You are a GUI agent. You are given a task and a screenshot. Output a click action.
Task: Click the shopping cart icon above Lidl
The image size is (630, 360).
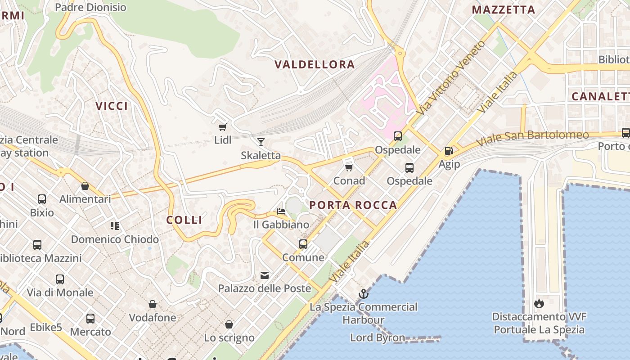click(222, 127)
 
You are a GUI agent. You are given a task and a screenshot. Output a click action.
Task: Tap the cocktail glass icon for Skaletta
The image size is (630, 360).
click(261, 142)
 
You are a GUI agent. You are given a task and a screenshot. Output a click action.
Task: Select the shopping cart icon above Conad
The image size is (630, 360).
click(349, 167)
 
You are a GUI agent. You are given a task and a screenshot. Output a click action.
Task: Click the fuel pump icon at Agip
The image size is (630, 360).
click(449, 151)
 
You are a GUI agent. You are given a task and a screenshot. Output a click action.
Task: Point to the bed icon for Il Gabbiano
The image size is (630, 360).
click(281, 211)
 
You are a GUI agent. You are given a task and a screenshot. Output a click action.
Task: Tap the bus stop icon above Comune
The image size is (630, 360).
click(303, 244)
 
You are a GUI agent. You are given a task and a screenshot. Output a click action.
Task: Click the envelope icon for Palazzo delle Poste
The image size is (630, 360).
click(265, 275)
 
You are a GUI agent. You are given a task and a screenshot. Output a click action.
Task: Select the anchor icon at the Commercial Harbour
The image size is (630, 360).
click(363, 294)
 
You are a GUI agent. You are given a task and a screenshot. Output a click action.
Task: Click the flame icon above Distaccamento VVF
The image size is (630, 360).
click(539, 303)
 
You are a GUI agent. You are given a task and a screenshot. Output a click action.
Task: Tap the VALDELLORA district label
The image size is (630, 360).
click(315, 64)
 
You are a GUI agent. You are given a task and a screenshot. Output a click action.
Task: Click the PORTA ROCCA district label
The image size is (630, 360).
click(353, 205)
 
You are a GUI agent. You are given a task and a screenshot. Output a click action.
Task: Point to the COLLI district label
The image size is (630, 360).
click(184, 220)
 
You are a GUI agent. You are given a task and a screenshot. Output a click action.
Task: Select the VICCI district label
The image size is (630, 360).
click(112, 106)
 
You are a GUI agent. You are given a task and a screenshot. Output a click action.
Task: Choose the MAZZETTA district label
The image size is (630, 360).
click(503, 10)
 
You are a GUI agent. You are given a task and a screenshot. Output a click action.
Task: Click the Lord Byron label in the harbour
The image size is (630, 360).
click(378, 337)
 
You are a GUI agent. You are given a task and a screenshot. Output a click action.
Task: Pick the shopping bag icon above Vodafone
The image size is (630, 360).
click(153, 304)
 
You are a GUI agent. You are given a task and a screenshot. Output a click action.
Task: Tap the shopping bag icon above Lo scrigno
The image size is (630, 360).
click(229, 324)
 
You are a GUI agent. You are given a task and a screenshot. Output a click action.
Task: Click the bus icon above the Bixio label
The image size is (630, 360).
click(42, 199)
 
